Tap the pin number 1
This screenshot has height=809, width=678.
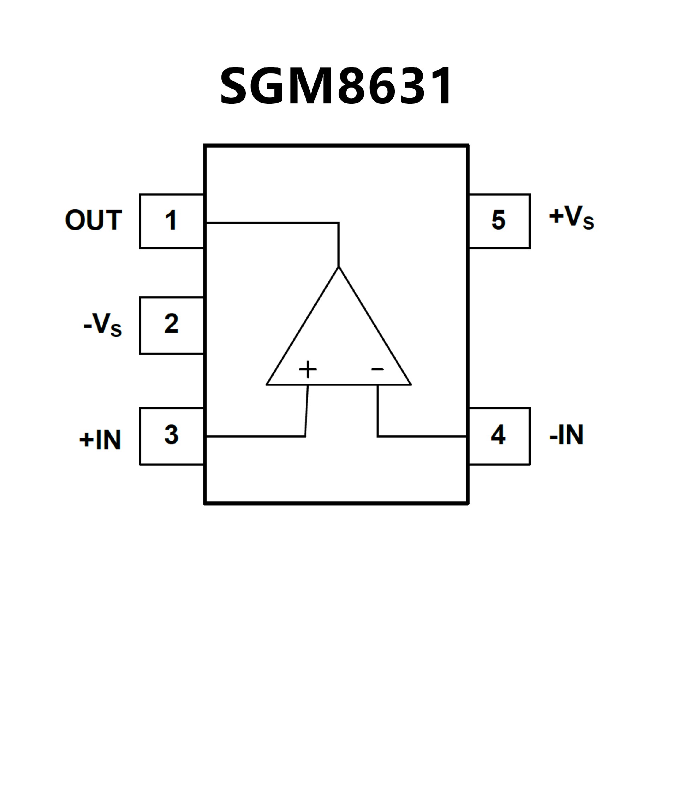pos(171,220)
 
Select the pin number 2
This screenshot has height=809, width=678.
pos(171,323)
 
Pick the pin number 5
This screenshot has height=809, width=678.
pos(499,220)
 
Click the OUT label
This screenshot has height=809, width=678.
pos(94,220)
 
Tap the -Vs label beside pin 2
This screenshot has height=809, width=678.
pos(102,325)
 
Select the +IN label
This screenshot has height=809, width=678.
pos(100,440)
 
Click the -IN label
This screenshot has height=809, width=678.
pos(566,435)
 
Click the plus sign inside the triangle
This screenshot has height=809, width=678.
pos(308,369)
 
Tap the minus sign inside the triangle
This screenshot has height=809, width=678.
pos(377,369)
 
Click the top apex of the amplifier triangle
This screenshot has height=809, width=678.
pos(339,267)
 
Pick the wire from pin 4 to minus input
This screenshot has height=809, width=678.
pos(422,436)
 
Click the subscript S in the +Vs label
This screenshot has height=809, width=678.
pos(588,224)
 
